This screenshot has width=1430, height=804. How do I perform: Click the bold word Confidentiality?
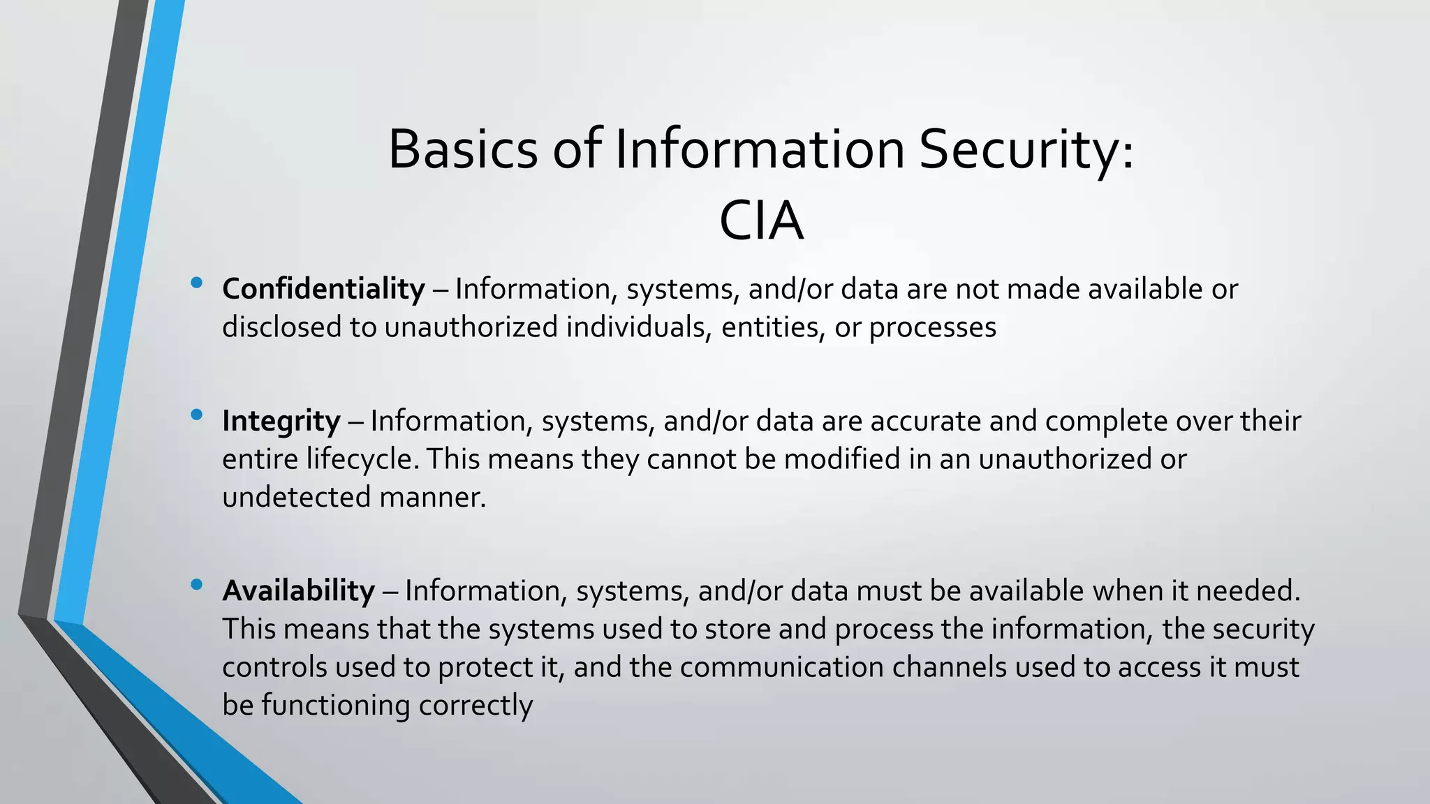coord(323,289)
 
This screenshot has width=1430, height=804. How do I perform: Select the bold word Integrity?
coord(281,422)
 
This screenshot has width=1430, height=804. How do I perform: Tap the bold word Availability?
coord(298,591)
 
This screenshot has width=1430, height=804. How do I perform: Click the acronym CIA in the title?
coord(761,221)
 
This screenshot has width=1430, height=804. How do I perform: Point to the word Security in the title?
coord(1026,149)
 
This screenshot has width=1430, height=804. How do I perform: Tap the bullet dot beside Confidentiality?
coord(196,283)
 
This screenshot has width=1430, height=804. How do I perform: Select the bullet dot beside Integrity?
coord(196,415)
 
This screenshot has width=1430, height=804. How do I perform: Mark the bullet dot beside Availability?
coord(196,585)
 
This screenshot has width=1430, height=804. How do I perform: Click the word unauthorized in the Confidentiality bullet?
coord(471,327)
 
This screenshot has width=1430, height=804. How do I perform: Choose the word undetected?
coord(296,498)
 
